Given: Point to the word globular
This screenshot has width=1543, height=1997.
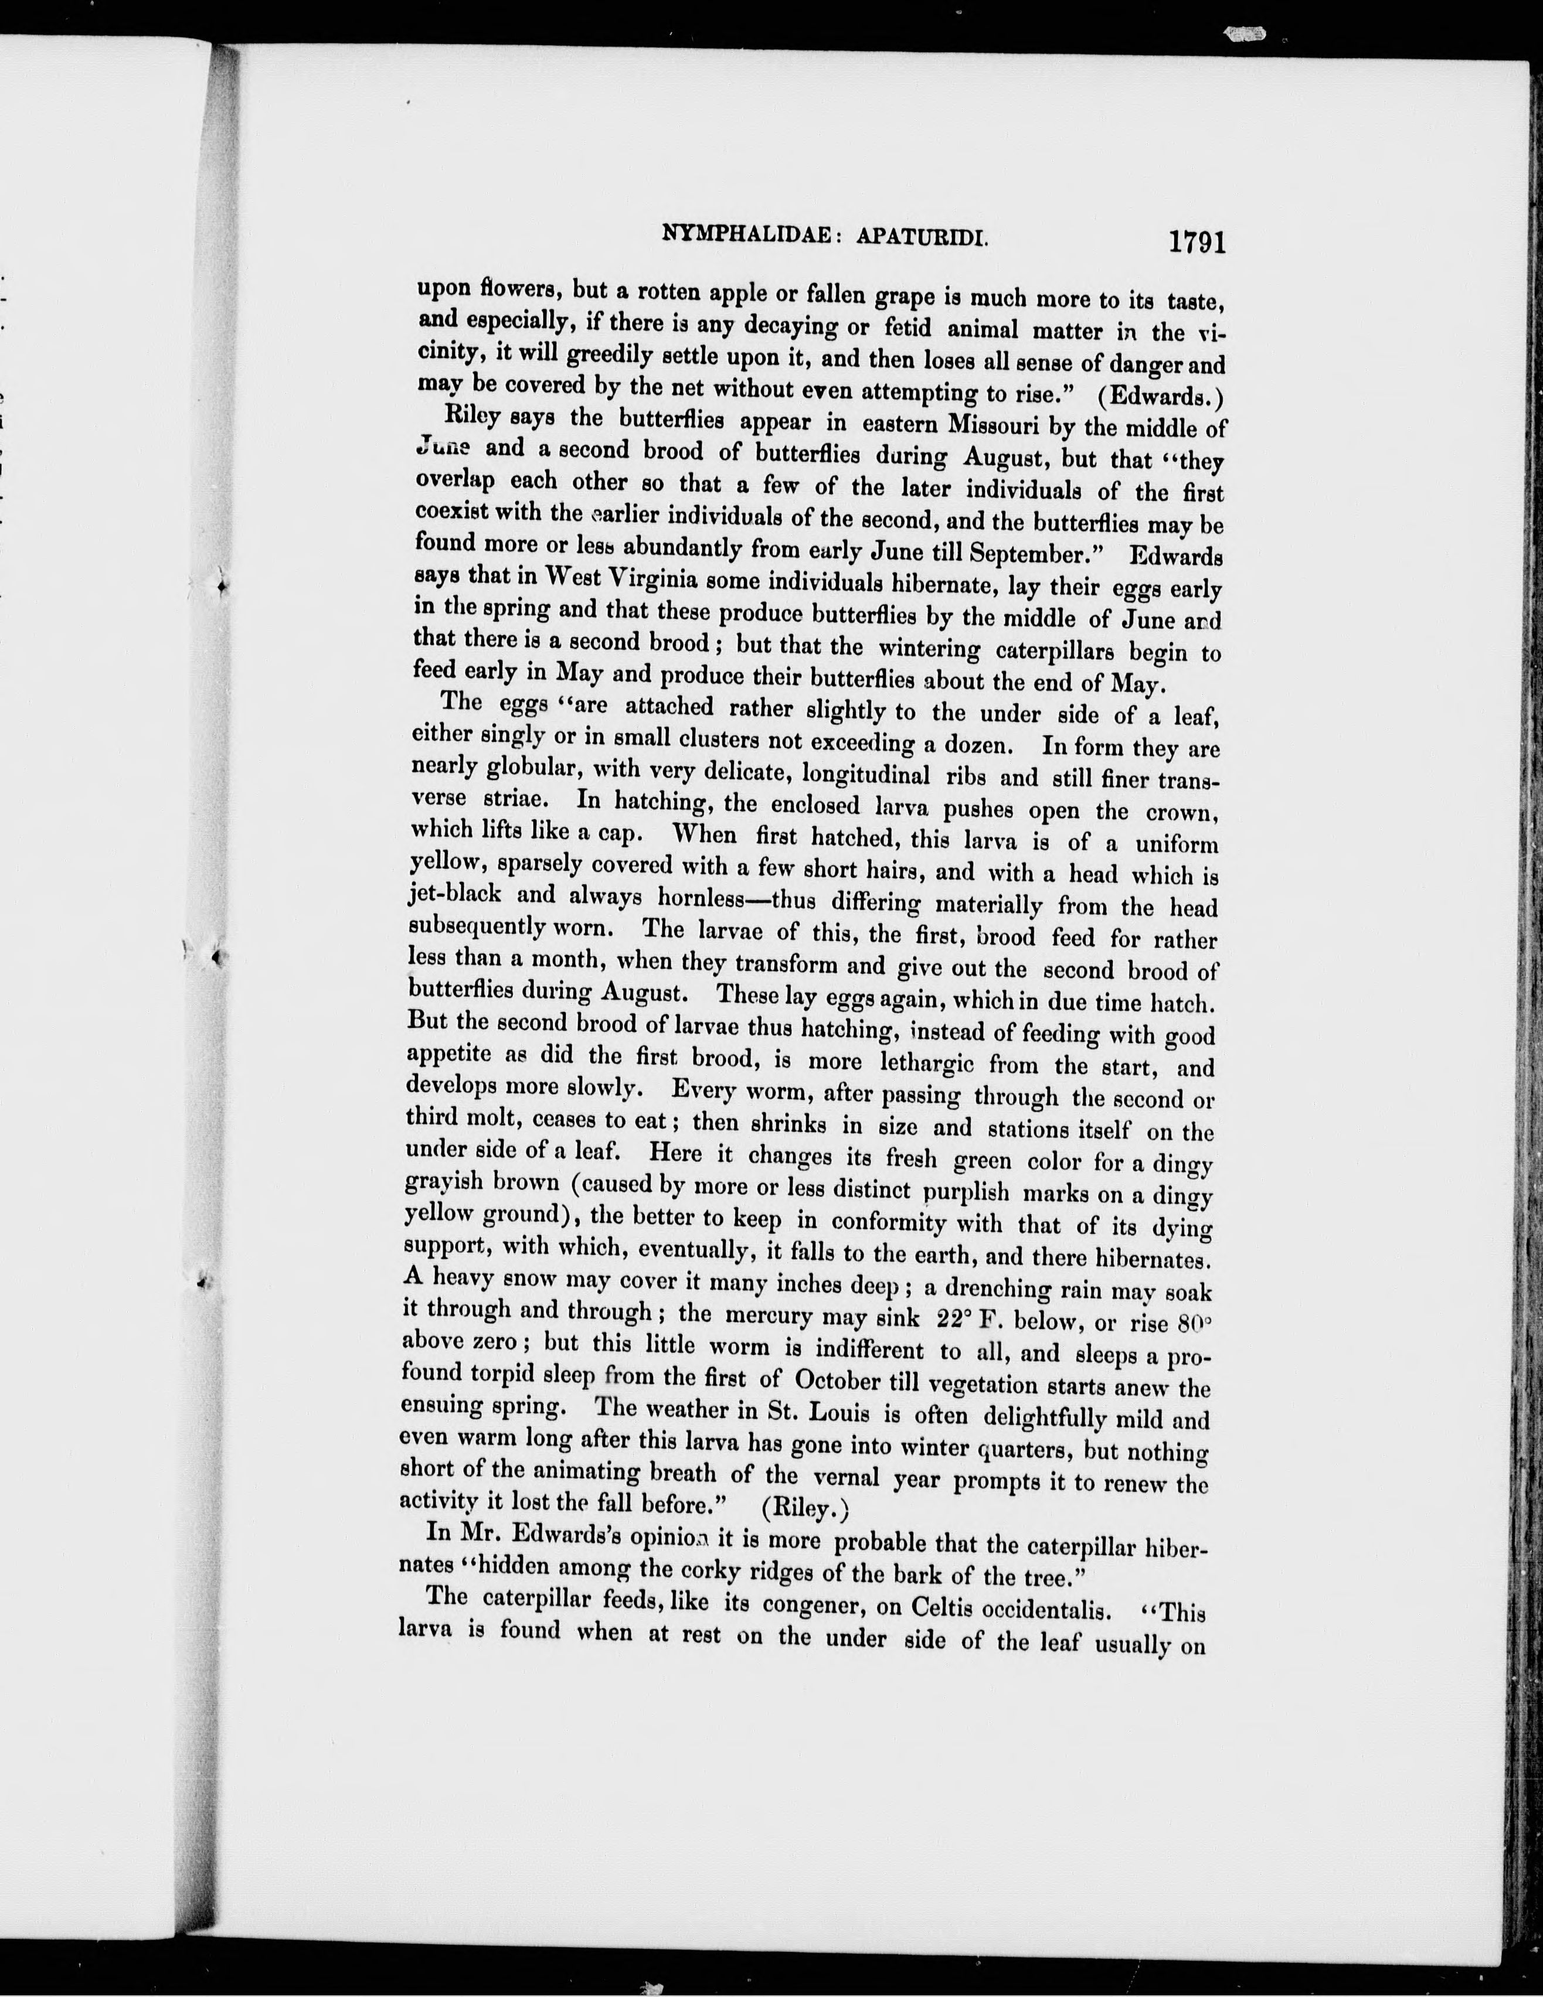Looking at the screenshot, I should pos(547,769).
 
